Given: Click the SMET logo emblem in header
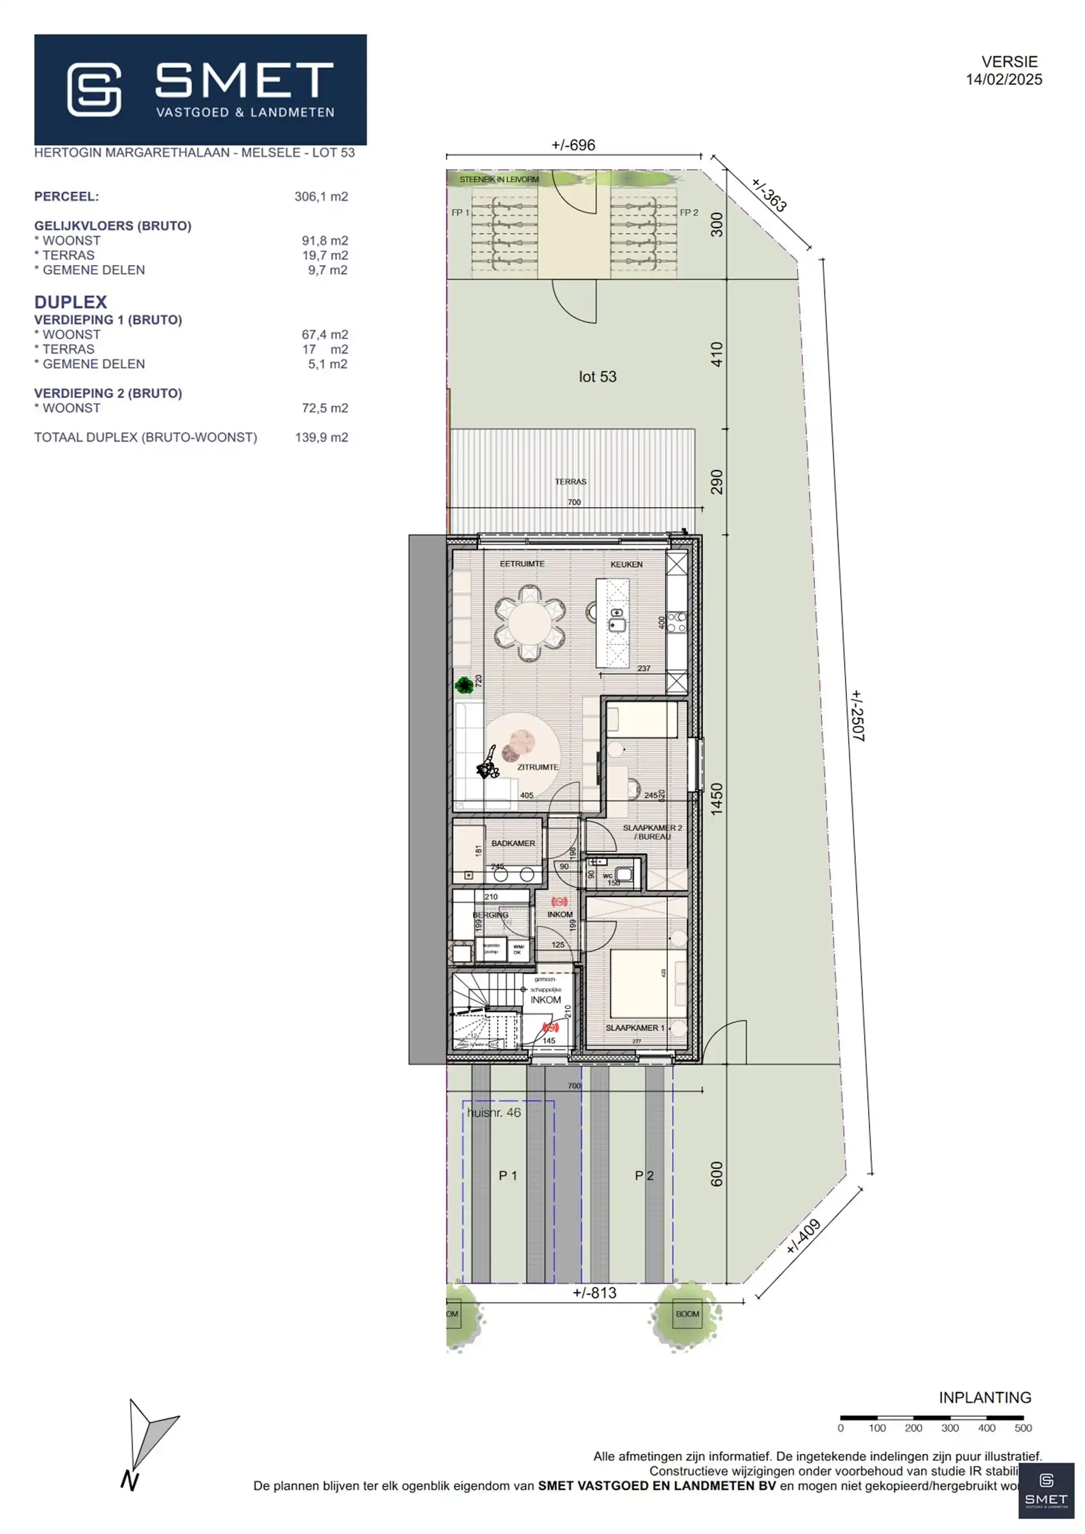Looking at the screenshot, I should pyautogui.click(x=94, y=90).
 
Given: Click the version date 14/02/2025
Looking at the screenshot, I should pyautogui.click(x=1004, y=80).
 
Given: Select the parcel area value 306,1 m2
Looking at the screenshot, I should pyautogui.click(x=321, y=196).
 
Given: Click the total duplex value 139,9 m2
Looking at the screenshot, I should pyautogui.click(x=321, y=437).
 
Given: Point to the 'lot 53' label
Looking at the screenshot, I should pyautogui.click(x=597, y=377).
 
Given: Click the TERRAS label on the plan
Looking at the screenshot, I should pyautogui.click(x=570, y=481).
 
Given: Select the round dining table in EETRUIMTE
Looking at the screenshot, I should pyautogui.click(x=529, y=622).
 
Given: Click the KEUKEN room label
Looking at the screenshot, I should pyautogui.click(x=626, y=564).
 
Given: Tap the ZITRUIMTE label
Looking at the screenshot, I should pyautogui.click(x=537, y=767).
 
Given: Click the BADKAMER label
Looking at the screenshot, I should pyautogui.click(x=513, y=843).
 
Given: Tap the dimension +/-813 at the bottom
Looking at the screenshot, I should pyautogui.click(x=594, y=1293).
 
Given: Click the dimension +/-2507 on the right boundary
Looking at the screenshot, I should pyautogui.click(x=857, y=716).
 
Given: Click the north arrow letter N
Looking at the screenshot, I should pyautogui.click(x=129, y=1481).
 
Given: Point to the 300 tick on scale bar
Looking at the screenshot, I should pyautogui.click(x=949, y=1429).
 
